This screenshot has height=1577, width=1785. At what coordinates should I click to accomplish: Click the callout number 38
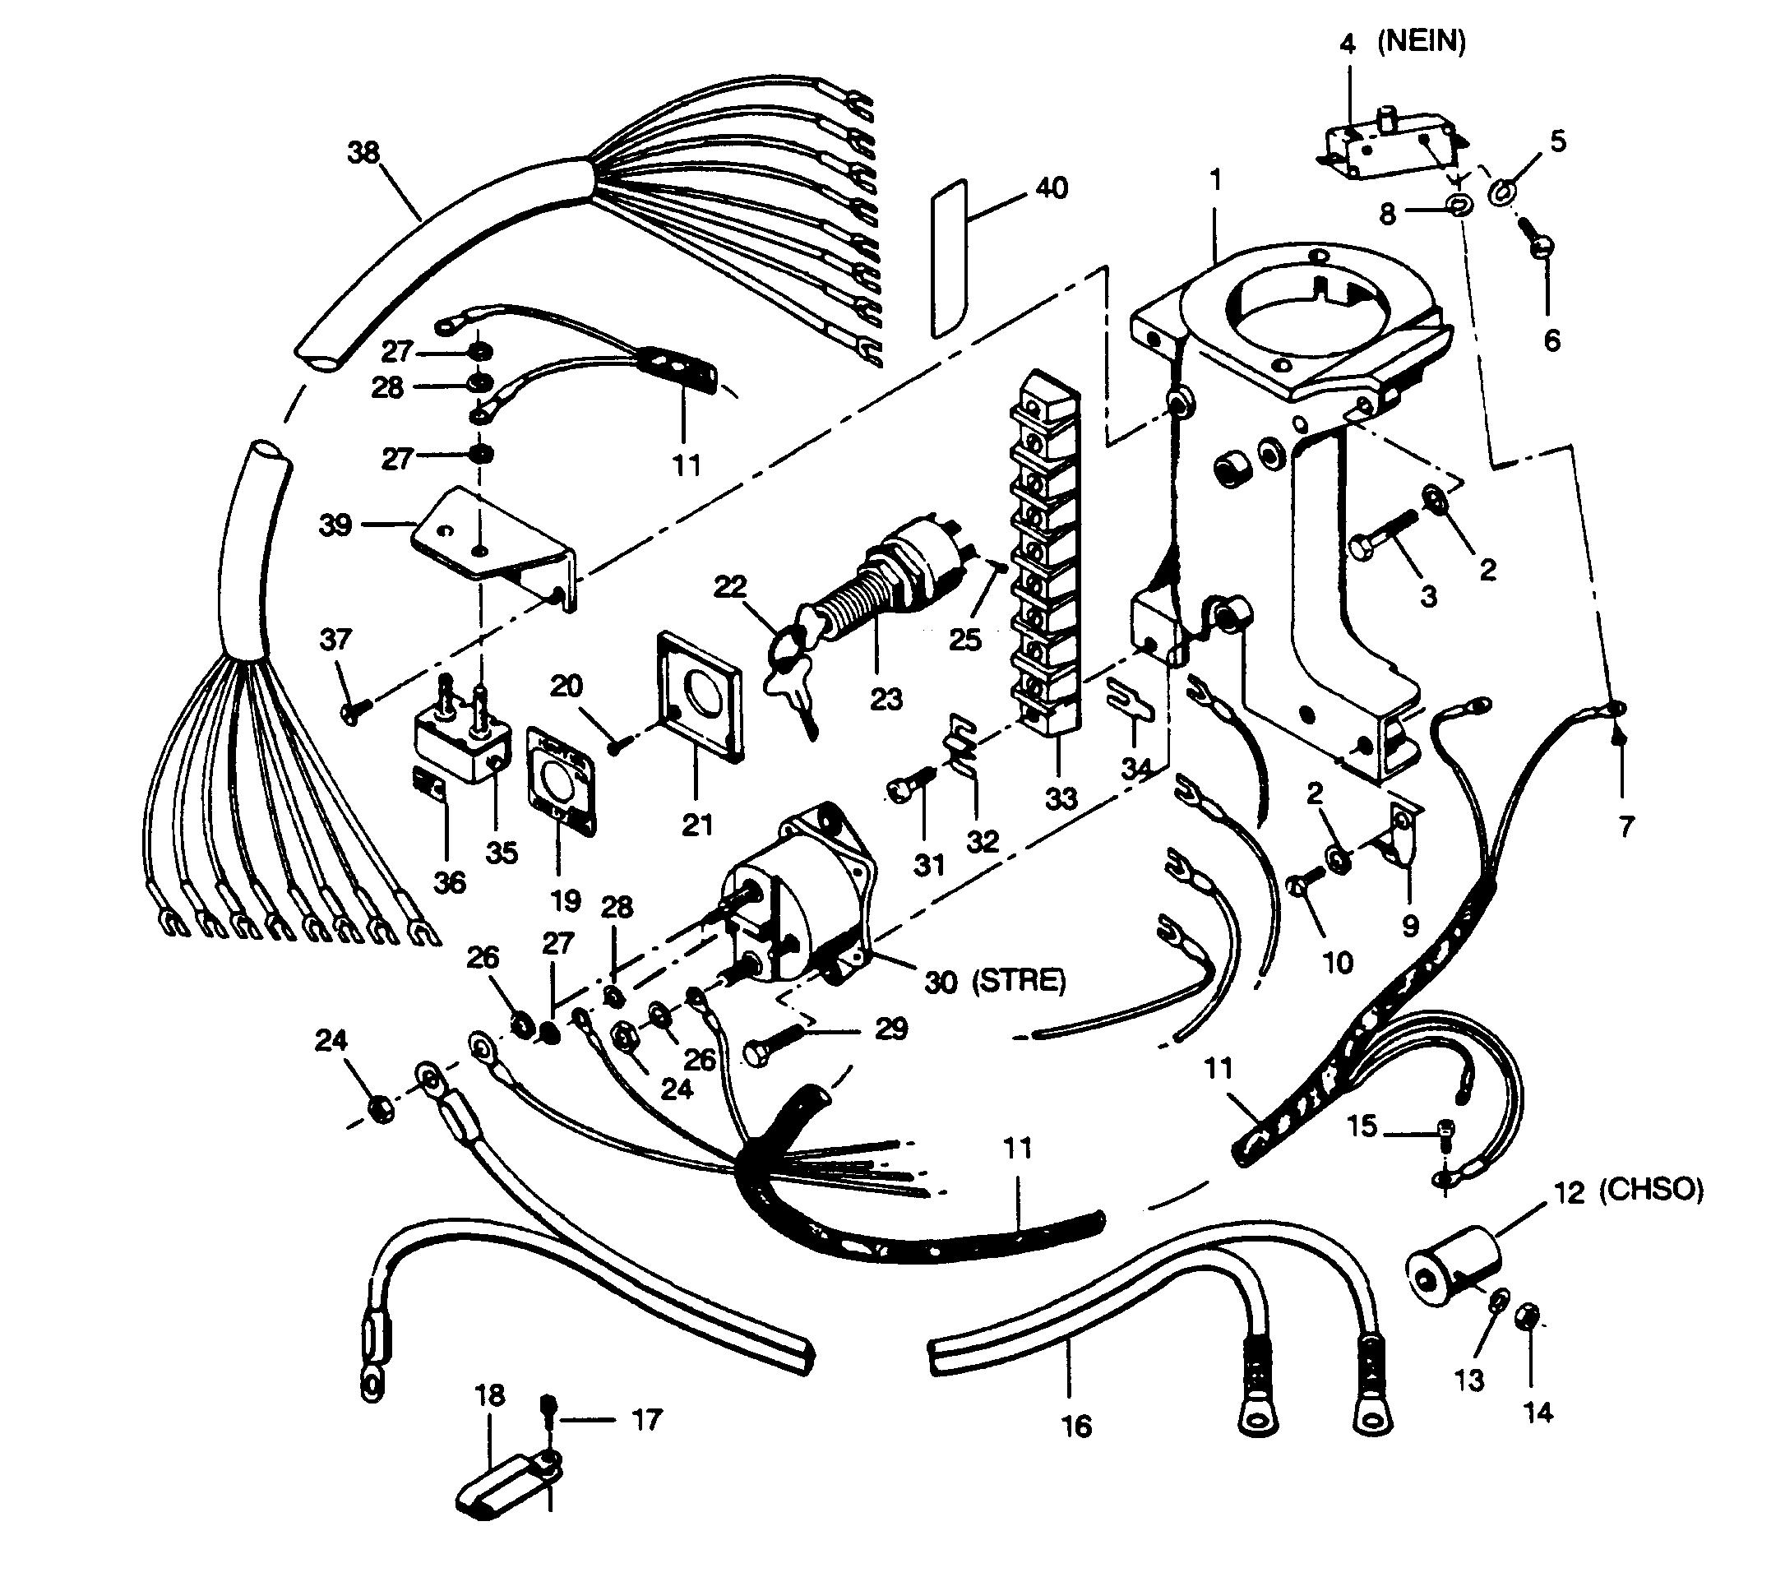363,153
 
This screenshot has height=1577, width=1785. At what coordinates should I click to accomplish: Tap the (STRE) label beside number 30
1020,981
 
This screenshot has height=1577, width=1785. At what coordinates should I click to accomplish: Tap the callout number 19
566,899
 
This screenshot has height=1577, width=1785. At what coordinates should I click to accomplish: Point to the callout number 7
1625,825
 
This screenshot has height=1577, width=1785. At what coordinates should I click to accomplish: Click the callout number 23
886,699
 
